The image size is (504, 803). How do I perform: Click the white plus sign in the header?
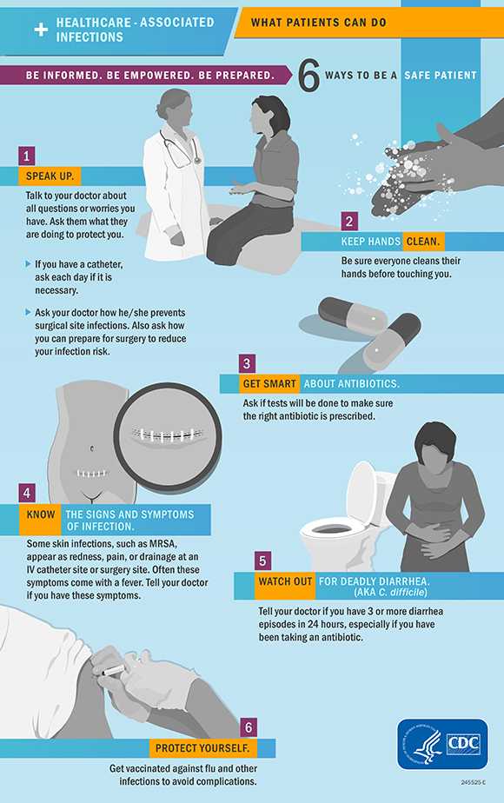coord(40,30)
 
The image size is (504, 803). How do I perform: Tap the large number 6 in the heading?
coord(309,76)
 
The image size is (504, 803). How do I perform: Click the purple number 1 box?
coord(29,156)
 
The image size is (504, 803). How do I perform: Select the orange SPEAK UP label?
coord(50,176)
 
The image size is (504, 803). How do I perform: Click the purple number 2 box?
coord(348,221)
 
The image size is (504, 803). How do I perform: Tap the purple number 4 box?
coord(29,493)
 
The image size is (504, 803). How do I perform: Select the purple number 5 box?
coord(264,561)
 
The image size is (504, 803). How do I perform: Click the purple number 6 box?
coord(249,727)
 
